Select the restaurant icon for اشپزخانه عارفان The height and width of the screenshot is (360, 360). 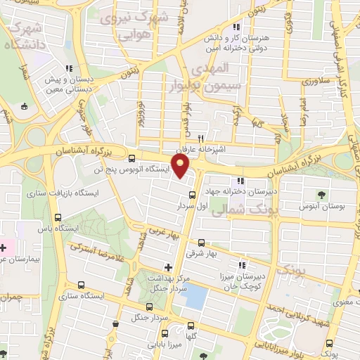(201, 139)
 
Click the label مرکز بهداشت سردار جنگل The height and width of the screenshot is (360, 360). (168, 283)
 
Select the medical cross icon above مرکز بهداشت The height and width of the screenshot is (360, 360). (167, 267)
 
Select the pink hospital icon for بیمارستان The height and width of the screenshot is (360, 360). (4, 247)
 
